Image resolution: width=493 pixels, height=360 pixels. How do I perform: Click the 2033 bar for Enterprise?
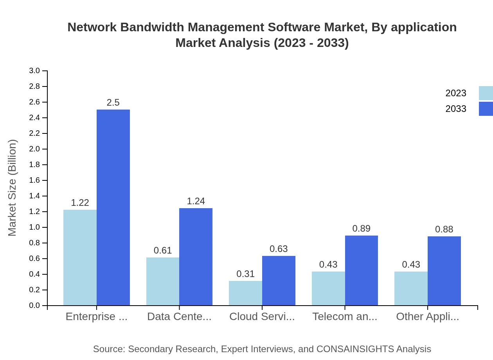113,207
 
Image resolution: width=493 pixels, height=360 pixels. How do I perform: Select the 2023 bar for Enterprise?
80,257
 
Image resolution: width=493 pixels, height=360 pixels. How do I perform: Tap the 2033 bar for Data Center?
196,257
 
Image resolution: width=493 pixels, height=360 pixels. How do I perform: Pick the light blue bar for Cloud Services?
245,293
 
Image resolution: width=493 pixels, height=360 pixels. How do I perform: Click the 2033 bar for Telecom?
362,270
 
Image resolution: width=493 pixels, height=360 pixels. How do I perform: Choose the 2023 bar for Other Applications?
411,288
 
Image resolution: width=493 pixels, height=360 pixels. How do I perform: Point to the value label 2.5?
113,103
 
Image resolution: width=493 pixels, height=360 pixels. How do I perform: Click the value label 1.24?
196,201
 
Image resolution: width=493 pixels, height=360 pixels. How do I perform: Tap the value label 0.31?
245,274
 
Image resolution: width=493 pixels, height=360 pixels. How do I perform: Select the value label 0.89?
361,229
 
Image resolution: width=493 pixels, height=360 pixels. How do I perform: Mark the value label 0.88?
444,229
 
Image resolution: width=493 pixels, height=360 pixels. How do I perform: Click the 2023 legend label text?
456,93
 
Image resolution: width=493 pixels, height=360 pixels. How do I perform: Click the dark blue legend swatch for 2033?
486,109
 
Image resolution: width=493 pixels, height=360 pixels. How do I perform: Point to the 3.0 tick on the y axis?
34,71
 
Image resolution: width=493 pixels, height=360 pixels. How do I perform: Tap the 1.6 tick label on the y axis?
34,180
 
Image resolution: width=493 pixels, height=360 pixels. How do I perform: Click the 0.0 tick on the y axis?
34,306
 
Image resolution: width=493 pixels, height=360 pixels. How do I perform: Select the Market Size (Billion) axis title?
13,188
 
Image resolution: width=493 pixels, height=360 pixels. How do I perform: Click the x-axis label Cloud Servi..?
262,317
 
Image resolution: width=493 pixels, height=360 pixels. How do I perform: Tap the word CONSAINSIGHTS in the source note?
355,349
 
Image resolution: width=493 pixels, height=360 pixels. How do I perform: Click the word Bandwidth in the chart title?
153,27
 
